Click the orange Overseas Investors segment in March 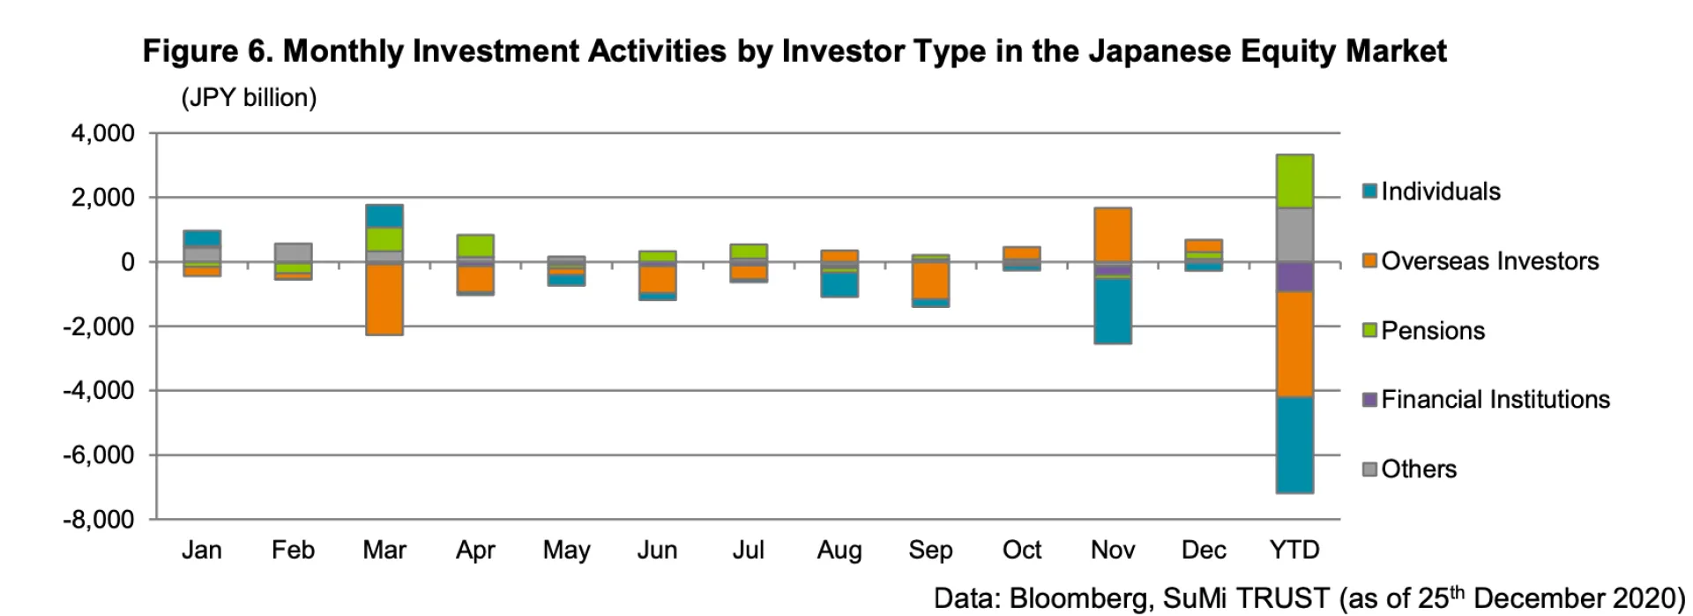[384, 299]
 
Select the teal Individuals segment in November [1113, 311]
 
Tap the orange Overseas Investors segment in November [1113, 235]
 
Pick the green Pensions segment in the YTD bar [1294, 182]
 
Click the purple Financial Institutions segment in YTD [1294, 276]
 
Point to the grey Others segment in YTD [1294, 235]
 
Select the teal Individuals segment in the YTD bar [1294, 445]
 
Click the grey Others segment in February [293, 253]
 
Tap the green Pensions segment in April [475, 245]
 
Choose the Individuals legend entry [1440, 192]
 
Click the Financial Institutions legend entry [1495, 400]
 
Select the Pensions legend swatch [1369, 331]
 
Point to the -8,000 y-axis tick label [98, 519]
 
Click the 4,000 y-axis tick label [104, 134]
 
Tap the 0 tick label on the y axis [128, 262]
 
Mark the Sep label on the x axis [930, 551]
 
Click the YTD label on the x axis [1294, 551]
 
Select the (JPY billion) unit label [249, 97]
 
